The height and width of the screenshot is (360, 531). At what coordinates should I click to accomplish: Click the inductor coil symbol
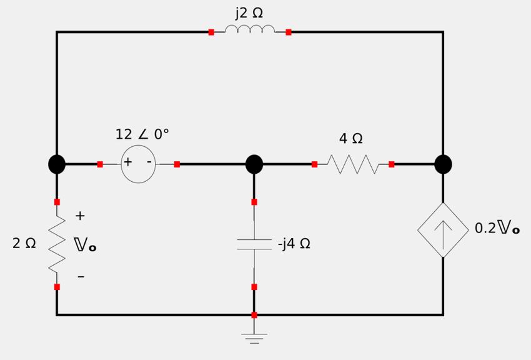coord(250,29)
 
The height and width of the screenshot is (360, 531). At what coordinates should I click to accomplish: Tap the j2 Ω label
coord(249,12)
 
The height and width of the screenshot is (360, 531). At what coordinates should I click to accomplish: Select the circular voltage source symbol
coord(138,164)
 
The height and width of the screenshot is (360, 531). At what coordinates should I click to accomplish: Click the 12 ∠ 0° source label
coord(142,134)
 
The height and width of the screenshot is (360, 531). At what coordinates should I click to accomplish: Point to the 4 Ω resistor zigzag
coord(353,164)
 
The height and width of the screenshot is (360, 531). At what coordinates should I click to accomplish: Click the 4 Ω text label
coord(351,138)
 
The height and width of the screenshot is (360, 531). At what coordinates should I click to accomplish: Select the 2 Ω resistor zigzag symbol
coord(57,244)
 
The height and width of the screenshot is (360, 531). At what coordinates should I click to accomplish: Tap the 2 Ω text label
coord(24,244)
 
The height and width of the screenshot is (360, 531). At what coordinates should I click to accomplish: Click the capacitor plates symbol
coord(254,244)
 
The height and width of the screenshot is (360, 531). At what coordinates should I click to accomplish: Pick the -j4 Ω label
coord(294,244)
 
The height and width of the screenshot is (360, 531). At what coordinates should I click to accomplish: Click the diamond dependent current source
coord(443,230)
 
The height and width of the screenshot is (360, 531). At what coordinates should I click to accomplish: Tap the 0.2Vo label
coord(497,228)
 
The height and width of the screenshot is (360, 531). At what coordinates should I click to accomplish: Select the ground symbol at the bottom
coord(254,338)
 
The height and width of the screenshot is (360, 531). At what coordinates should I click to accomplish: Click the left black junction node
coord(57,164)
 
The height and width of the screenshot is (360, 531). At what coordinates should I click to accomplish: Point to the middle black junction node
coord(254,164)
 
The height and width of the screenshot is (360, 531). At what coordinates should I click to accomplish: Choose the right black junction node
coord(443,164)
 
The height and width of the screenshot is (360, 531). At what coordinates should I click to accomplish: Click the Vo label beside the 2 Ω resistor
coord(85,244)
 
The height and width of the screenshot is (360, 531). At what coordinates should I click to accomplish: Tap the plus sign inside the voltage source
coord(127,162)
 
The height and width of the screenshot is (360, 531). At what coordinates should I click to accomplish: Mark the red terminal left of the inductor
coord(211,32)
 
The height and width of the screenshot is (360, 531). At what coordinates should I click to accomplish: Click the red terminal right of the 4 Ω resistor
coord(391,164)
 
